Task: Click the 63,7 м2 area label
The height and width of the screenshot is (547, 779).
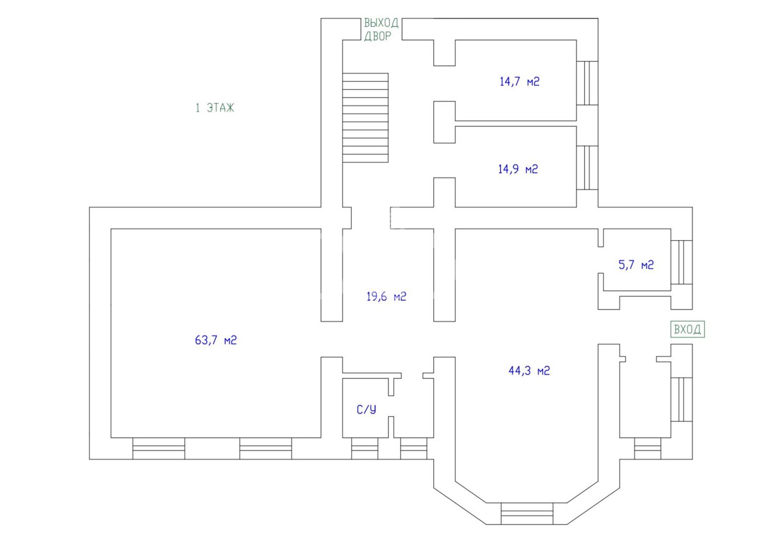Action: (216, 340)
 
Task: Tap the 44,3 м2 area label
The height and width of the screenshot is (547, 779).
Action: (529, 371)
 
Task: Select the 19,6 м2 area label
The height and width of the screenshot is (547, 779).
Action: (386, 296)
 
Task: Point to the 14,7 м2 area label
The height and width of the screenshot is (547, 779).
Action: (519, 81)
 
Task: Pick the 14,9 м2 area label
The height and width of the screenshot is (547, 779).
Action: (518, 169)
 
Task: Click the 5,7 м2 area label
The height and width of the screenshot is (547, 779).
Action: (636, 265)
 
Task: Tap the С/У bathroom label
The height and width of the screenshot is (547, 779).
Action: (366, 409)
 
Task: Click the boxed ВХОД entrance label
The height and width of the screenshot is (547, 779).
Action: (687, 329)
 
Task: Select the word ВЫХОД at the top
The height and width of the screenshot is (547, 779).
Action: (381, 23)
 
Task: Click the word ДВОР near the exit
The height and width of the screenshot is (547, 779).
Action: (377, 36)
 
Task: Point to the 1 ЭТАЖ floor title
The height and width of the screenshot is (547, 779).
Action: (215, 108)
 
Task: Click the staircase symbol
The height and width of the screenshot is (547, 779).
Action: (365, 118)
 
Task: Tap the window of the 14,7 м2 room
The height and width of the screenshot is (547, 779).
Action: (587, 83)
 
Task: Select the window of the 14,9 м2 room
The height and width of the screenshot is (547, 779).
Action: (587, 168)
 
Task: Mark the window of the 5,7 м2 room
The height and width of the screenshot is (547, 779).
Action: (682, 262)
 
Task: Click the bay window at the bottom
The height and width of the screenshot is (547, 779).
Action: (527, 514)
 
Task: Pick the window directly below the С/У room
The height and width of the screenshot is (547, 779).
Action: (365, 449)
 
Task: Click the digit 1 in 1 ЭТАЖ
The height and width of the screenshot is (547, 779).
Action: (198, 108)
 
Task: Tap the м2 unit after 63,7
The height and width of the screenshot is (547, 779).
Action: (230, 340)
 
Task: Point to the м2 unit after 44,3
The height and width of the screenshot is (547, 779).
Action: (544, 371)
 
